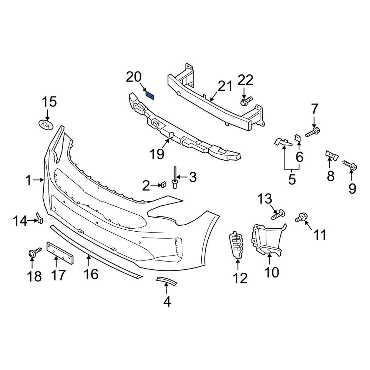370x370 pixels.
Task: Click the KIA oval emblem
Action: click(x=46, y=124)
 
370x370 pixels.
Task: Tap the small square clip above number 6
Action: click(x=297, y=139)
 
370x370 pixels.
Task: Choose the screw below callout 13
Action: click(x=279, y=213)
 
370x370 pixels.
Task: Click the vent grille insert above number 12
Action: click(x=236, y=244)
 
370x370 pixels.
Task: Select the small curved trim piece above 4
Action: click(x=166, y=282)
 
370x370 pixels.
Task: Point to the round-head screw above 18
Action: click(x=32, y=253)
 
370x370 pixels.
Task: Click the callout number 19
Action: click(x=158, y=153)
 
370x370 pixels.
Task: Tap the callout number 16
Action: click(x=90, y=274)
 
